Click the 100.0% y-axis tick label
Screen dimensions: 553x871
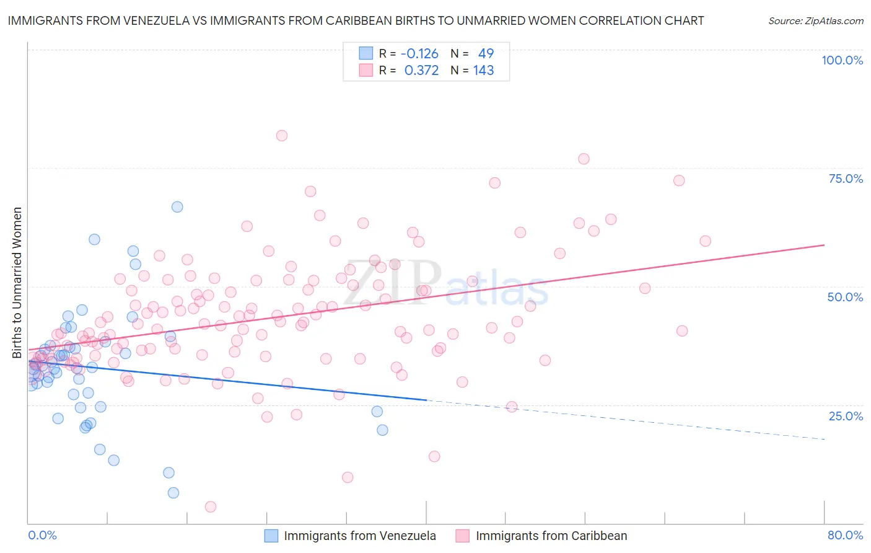(842, 60)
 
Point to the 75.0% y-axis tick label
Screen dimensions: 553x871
(846, 179)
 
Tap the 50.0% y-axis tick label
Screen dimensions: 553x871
(845, 297)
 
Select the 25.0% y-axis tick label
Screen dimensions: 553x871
(846, 416)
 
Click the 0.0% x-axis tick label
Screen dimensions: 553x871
(42, 535)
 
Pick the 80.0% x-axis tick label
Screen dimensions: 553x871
(845, 535)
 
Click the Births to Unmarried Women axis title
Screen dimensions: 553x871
(17, 283)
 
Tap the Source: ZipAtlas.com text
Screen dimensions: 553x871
(815, 20)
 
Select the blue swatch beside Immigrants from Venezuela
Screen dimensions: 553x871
(271, 536)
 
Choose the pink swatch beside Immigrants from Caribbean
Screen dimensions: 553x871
(463, 536)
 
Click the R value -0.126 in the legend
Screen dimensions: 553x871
(419, 54)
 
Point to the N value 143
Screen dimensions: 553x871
(483, 71)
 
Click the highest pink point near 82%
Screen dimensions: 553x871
(282, 136)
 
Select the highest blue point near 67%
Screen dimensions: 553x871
(177, 207)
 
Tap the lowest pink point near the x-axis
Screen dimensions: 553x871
(211, 507)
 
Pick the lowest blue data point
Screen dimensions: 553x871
(173, 493)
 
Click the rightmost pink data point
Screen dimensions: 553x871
(705, 241)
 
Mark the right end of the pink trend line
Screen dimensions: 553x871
(825, 245)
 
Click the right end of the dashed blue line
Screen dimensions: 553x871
(825, 439)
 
